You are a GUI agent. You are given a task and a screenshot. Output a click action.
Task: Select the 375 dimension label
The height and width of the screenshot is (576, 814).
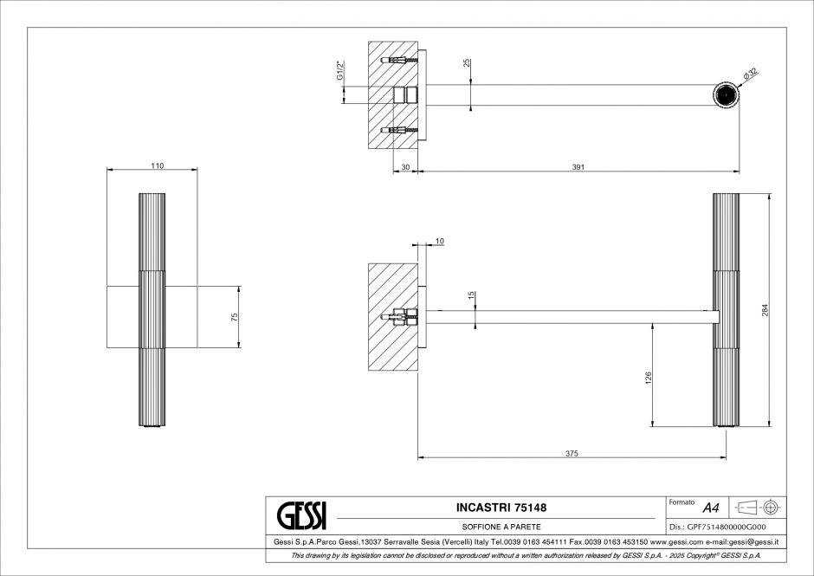tap(572, 454)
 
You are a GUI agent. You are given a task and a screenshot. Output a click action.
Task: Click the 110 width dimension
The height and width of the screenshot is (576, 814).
tap(158, 165)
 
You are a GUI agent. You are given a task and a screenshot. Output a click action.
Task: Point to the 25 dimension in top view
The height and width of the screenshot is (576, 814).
tap(467, 62)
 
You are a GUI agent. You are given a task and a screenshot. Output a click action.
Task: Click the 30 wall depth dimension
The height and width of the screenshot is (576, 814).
tap(406, 167)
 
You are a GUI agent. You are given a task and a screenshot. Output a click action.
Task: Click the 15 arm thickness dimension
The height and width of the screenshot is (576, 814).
tap(472, 296)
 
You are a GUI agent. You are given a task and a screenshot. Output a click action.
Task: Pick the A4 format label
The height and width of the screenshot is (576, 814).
tap(711, 508)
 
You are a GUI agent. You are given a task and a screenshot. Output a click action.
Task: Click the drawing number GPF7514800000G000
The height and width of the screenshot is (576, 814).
tap(718, 527)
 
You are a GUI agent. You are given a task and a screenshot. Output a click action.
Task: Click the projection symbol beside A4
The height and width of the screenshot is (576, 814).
tap(760, 507)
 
